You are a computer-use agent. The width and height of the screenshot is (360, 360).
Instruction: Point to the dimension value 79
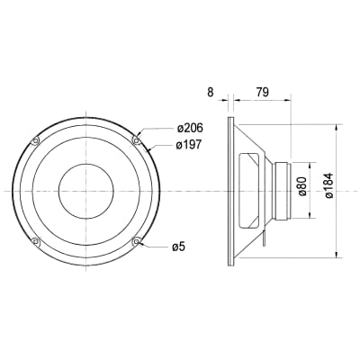(263, 91)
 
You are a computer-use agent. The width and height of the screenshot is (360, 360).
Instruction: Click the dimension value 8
(211, 91)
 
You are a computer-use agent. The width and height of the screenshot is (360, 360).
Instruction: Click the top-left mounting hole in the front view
(35, 139)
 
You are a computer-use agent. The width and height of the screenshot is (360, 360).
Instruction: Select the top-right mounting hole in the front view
(136, 139)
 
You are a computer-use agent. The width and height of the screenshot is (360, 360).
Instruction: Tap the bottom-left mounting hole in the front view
(35, 241)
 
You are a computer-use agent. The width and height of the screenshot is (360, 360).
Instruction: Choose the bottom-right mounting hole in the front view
(136, 241)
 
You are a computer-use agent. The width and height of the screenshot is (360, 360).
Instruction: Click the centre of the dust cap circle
(85, 191)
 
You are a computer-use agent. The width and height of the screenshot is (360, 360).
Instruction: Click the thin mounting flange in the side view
(230, 191)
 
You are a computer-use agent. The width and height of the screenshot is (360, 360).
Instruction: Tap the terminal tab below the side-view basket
(265, 241)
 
